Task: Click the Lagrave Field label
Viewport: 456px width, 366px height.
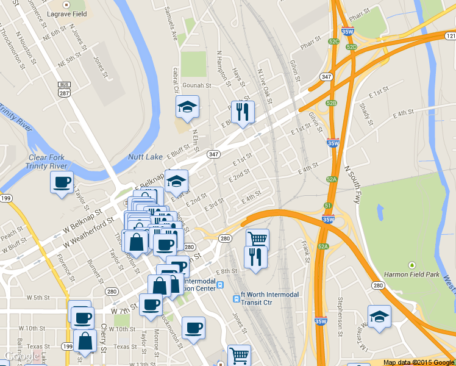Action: tap(67, 13)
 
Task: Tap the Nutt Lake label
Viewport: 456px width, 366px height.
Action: tap(145, 157)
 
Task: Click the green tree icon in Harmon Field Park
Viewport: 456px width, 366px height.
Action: tap(412, 265)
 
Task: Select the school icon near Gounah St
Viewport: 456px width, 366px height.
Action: tap(187, 107)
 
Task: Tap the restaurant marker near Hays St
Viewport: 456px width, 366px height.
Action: tap(243, 112)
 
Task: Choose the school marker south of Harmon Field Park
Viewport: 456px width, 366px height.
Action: tap(379, 317)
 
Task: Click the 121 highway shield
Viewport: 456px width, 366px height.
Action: tap(450, 36)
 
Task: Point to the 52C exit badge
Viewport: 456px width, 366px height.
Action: tap(333, 41)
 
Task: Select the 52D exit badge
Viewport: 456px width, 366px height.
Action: tap(351, 46)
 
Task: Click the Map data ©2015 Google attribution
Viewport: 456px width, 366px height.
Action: tap(418, 362)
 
